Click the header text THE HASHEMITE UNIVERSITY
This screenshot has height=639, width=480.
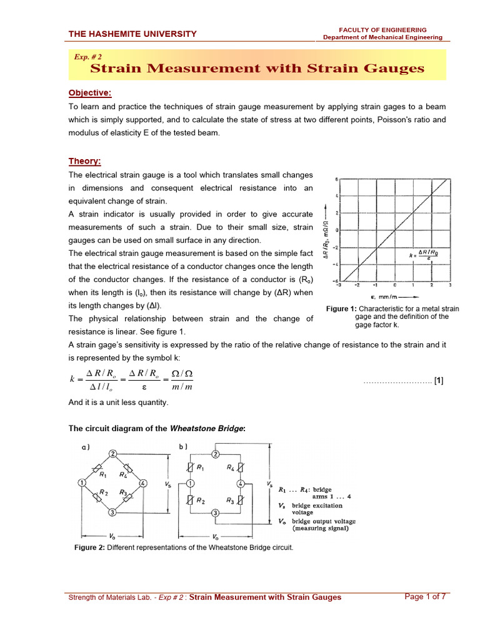132,34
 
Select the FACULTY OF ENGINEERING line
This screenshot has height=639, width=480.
382,29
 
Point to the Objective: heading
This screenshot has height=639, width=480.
89,93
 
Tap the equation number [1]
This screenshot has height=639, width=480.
439,381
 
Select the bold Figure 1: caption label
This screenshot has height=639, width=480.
342,309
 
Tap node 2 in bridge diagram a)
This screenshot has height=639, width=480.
112,453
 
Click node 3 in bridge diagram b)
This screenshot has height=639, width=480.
215,512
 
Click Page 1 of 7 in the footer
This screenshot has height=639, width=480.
425,597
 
